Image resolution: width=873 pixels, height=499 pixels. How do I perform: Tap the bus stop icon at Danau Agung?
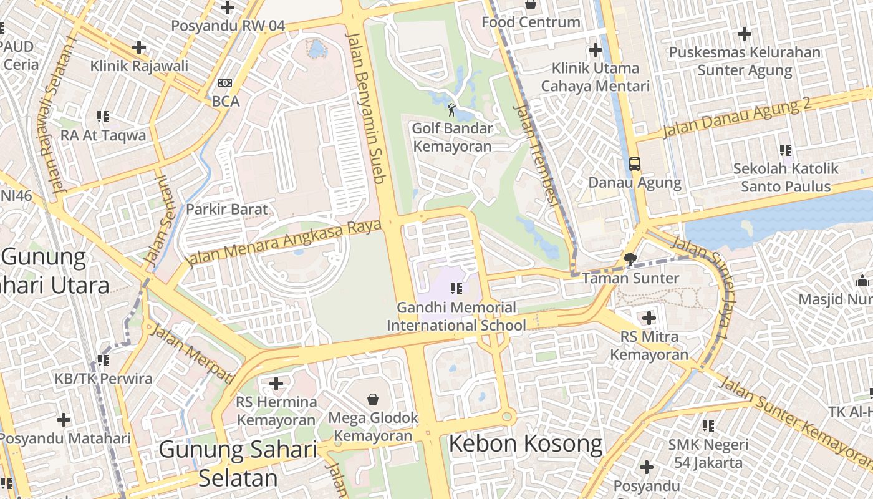click(635, 164)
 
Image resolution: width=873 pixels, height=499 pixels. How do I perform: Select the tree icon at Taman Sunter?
click(630, 259)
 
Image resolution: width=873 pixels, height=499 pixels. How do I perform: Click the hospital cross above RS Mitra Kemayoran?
click(649, 317)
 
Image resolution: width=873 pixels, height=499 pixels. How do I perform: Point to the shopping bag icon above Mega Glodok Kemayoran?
click(373, 399)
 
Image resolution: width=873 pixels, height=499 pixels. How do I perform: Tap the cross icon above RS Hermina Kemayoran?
click(276, 383)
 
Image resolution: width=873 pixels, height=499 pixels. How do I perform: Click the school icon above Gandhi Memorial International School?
click(456, 288)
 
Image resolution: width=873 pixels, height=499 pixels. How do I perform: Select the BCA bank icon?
click(225, 83)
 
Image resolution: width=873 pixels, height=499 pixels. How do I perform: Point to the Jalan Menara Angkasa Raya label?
click(284, 242)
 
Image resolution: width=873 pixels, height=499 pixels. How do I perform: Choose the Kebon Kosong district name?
click(526, 444)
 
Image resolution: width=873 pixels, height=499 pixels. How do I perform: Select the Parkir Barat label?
click(226, 210)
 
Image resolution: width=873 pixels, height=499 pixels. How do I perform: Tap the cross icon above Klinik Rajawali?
click(139, 47)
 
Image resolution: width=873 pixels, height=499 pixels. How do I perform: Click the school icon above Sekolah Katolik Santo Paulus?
click(786, 150)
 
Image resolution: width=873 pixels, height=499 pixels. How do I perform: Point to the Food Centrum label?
click(531, 22)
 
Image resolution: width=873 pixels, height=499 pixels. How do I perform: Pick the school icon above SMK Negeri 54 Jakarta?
click(708, 426)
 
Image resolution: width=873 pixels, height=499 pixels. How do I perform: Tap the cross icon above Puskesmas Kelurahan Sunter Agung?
click(744, 34)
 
